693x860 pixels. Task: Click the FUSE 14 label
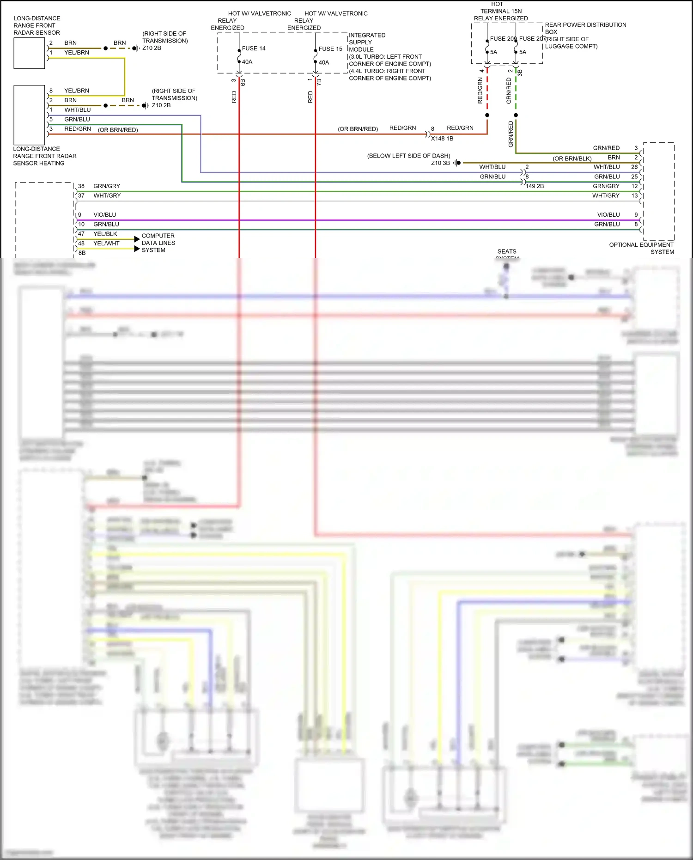(253, 48)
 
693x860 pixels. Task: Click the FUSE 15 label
(330, 49)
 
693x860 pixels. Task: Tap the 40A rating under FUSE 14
(247, 61)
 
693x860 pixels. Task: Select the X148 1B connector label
(442, 138)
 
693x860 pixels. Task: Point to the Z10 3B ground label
(440, 163)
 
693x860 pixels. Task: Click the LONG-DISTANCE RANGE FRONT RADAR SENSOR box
(29, 53)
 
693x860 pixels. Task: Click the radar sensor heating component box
(29, 115)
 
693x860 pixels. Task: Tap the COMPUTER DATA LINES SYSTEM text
(158, 243)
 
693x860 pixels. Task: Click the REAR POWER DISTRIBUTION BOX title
(585, 28)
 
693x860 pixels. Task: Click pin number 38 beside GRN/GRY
(81, 186)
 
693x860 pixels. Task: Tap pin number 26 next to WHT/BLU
(634, 167)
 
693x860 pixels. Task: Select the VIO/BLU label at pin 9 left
(105, 214)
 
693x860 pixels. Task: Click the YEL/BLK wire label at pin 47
(105, 234)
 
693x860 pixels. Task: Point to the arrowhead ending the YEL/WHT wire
(137, 249)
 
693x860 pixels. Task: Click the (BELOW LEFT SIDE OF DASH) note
(408, 156)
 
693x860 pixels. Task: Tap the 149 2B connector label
(535, 186)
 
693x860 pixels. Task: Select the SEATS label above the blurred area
(507, 251)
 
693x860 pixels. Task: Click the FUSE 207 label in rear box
(532, 38)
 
